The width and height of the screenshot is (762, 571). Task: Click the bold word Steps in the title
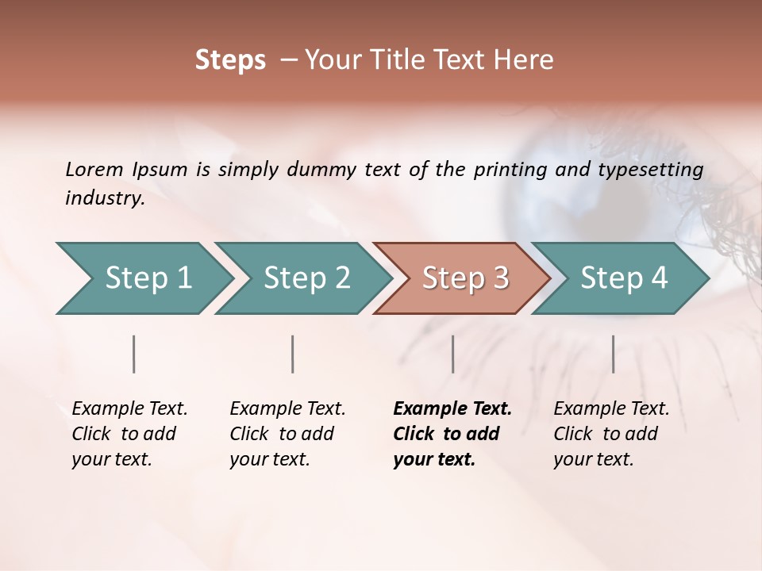coord(230,60)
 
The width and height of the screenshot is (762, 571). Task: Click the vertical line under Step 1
coord(134,354)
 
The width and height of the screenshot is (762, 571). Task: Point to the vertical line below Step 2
coord(293,354)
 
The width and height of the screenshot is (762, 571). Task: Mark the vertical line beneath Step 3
coord(452,354)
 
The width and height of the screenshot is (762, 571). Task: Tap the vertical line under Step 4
coord(613,354)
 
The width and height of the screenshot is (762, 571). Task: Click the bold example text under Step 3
coord(452,434)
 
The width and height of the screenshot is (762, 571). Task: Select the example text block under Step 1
coord(129,434)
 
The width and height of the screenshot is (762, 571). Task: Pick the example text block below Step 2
coord(287,434)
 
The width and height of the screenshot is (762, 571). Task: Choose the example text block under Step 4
coord(611,434)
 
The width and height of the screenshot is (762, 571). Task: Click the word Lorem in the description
coord(94,170)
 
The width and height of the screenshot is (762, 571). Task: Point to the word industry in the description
coord(105,198)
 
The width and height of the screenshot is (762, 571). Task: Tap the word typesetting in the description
coord(652,170)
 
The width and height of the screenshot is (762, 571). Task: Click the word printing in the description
coord(510,170)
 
